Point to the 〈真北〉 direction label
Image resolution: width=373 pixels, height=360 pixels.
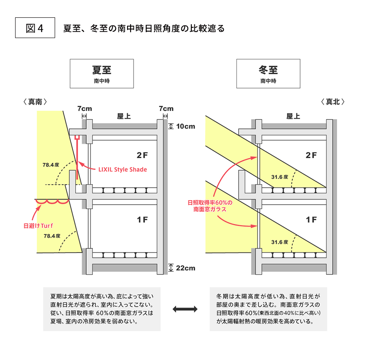pyautogui.click(x=333, y=102)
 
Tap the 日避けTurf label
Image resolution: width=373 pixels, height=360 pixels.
pyautogui.click(x=38, y=226)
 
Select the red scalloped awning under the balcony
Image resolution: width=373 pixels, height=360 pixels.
pyautogui.click(x=51, y=201)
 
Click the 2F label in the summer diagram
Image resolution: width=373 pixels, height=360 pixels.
pyautogui.click(x=142, y=155)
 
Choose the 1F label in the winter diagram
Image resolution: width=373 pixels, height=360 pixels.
pyautogui.click(x=311, y=220)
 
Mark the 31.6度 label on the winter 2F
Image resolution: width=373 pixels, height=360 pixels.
pyautogui.click(x=280, y=177)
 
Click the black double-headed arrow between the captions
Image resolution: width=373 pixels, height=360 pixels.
pyautogui.click(x=185, y=309)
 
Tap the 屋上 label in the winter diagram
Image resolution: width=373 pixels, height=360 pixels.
pyautogui.click(x=293, y=116)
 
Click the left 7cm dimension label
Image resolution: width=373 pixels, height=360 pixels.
pyautogui.click(x=85, y=109)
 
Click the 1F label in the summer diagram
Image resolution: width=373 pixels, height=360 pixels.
pyautogui.click(x=142, y=220)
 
